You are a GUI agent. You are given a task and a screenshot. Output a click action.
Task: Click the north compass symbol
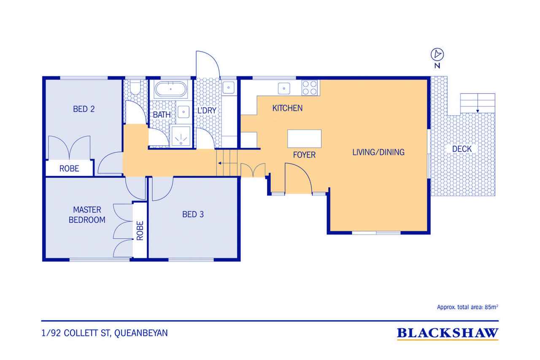click(437, 54)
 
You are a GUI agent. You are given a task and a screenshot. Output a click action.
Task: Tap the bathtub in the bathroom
click(171, 89)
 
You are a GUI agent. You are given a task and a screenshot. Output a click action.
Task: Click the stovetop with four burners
click(310, 87)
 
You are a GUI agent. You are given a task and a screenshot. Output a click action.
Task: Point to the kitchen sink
click(284, 89)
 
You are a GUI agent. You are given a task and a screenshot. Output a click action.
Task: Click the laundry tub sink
click(228, 87)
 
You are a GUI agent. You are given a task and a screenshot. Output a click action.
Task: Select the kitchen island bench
click(304, 139)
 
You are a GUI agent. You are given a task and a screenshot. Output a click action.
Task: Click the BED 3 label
click(193, 214)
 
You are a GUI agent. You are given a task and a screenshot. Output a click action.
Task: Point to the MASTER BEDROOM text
click(87, 215)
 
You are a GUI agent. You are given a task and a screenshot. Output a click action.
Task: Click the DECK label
click(462, 149)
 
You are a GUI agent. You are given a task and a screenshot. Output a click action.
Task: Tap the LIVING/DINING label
click(378, 152)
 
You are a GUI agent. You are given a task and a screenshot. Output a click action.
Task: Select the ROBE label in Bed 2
click(69, 168)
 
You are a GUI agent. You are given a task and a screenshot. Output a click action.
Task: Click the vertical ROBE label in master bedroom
click(140, 231)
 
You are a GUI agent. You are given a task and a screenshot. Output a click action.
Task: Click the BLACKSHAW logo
click(448, 333)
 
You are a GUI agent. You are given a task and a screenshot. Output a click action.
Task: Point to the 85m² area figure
click(491, 307)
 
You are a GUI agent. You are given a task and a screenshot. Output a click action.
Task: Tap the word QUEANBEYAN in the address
click(141, 333)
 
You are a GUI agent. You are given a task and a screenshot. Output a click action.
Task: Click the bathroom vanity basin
click(184, 112)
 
